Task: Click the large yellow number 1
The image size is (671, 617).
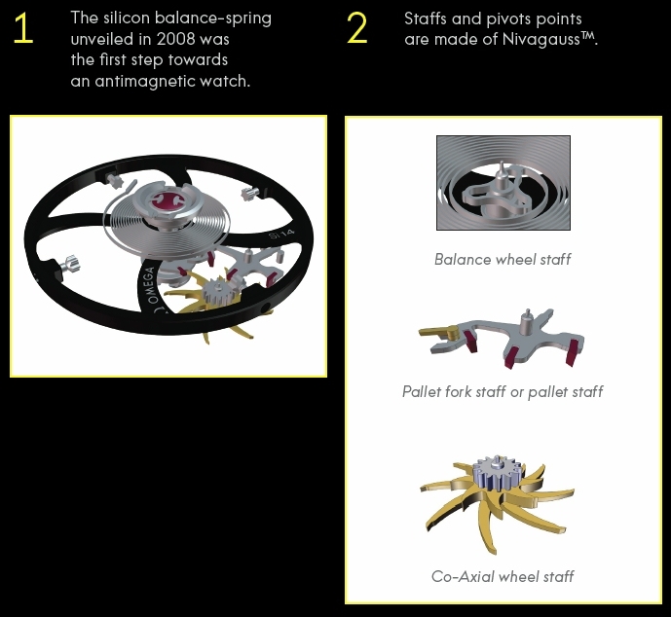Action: pyautogui.click(x=23, y=28)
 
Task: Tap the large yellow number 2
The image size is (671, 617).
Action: pyautogui.click(x=356, y=28)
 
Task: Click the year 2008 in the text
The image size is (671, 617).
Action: pyautogui.click(x=175, y=39)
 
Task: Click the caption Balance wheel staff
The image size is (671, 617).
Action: pyautogui.click(x=503, y=259)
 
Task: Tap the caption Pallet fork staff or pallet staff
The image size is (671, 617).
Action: pyautogui.click(x=503, y=391)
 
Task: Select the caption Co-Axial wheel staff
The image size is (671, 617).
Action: pyautogui.click(x=503, y=576)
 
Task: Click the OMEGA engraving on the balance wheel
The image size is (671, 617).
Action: pyautogui.click(x=152, y=285)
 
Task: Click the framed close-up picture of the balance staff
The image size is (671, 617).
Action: pyautogui.click(x=503, y=183)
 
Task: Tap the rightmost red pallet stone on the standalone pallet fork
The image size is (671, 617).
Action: pyautogui.click(x=573, y=350)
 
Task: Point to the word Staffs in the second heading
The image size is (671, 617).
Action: pyautogui.click(x=426, y=18)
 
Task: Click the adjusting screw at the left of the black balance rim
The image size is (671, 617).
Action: pyautogui.click(x=68, y=264)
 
